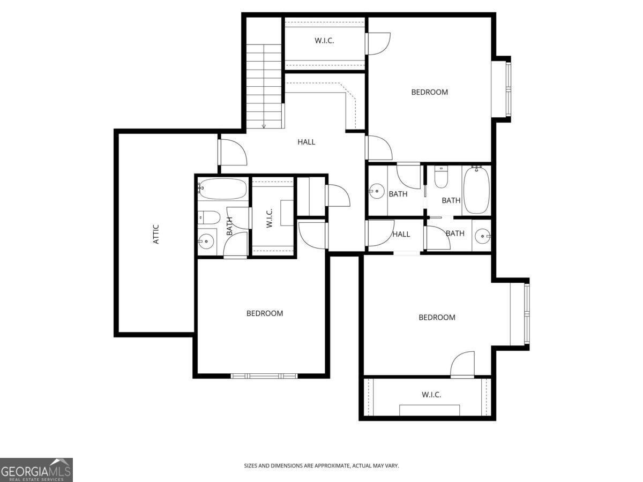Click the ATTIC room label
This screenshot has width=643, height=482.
[x=156, y=234]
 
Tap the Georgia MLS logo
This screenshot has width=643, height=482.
[x=36, y=470]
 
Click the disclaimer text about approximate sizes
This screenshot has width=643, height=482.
[x=322, y=466]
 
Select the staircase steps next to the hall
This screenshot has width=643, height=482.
[x=264, y=86]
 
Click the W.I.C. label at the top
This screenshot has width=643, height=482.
[x=324, y=40]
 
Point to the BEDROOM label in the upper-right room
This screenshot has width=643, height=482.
[x=429, y=92]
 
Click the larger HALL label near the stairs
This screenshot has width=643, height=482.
[x=306, y=142]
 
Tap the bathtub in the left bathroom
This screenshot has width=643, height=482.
[x=223, y=189]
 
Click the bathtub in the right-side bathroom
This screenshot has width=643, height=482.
[x=476, y=190]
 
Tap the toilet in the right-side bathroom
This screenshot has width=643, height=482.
[x=441, y=178]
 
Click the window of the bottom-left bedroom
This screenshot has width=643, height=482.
[x=264, y=376]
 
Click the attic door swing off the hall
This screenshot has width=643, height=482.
[x=233, y=152]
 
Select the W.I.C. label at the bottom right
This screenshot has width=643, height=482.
[x=431, y=395]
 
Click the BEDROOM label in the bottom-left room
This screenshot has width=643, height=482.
[x=265, y=313]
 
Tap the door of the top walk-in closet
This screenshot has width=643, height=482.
[x=378, y=43]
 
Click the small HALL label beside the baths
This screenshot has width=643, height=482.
[x=401, y=234]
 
